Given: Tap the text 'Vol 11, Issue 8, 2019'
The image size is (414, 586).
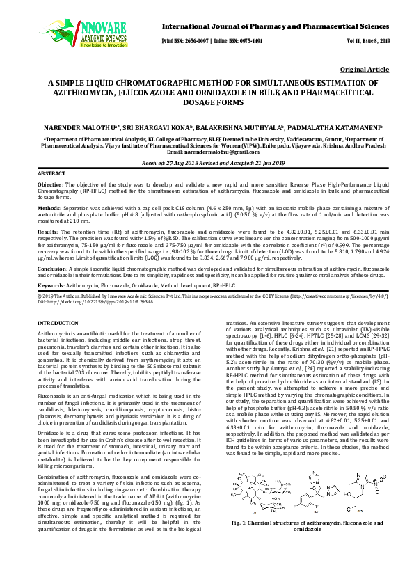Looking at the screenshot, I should point(367,41).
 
